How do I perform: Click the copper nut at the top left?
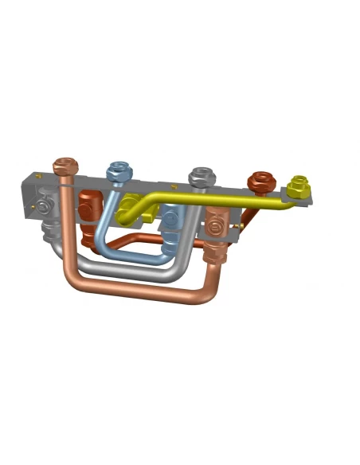coord(66,167)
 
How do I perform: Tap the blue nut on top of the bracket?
coord(119,170)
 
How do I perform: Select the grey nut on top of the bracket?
coord(200,176)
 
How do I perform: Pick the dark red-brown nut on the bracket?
coord(260,182)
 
